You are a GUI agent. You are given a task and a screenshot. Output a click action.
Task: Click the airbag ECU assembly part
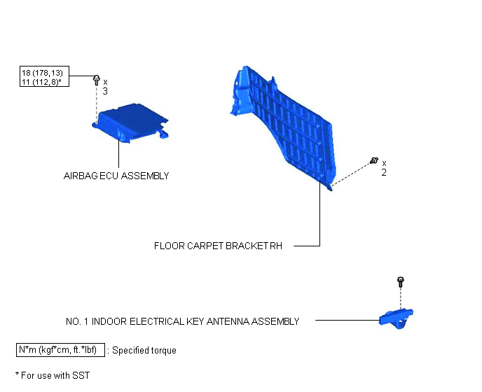tap(130, 123)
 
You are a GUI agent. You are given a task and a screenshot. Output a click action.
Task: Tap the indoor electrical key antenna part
tap(397, 319)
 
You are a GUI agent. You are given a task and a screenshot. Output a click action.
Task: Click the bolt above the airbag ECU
tap(96, 80)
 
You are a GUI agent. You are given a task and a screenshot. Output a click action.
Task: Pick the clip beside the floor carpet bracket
tap(374, 160)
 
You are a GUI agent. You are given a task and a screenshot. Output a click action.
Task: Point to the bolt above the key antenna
tap(400, 281)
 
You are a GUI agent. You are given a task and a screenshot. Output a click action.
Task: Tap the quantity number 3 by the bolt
tap(105, 91)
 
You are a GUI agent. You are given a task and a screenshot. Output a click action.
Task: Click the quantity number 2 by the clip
tap(384, 173)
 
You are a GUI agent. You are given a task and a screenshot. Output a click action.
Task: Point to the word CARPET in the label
tap(205, 246)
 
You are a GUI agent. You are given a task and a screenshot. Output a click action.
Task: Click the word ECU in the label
tap(109, 176)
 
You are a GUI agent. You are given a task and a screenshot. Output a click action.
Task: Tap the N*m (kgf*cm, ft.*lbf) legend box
tap(60, 350)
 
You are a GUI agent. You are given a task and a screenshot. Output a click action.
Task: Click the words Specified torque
tap(144, 351)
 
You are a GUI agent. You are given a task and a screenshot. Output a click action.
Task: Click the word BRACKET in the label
tap(247, 246)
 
